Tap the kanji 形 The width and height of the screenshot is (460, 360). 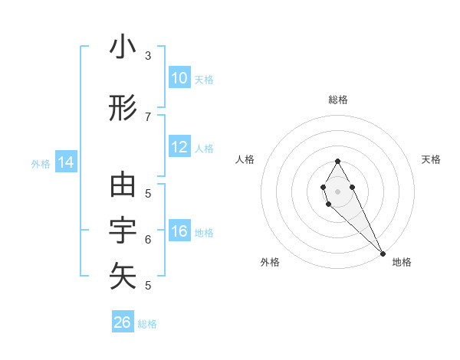click(123, 109)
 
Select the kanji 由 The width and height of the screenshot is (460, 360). click(123, 185)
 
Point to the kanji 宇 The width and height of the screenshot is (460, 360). click(123, 231)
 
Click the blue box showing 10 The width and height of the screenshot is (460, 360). click(179, 78)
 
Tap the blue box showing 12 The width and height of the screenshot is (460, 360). click(179, 147)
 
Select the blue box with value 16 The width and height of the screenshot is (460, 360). click(179, 231)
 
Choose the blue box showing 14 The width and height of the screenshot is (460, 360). click(66, 162)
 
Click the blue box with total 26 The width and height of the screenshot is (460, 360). click(123, 322)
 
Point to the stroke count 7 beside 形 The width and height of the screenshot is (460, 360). click(148, 116)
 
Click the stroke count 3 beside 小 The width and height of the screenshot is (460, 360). click(148, 55)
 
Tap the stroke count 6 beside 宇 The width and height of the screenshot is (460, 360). click(148, 239)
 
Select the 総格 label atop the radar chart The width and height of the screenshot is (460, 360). click(337, 100)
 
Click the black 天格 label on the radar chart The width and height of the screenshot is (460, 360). click(431, 159)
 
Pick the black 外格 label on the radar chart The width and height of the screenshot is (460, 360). click(269, 262)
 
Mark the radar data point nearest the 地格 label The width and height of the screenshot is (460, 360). click(383, 254)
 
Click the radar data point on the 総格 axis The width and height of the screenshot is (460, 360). click(337, 161)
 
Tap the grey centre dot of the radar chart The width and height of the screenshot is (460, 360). click(337, 191)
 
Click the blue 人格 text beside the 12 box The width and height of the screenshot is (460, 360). click(204, 148)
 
